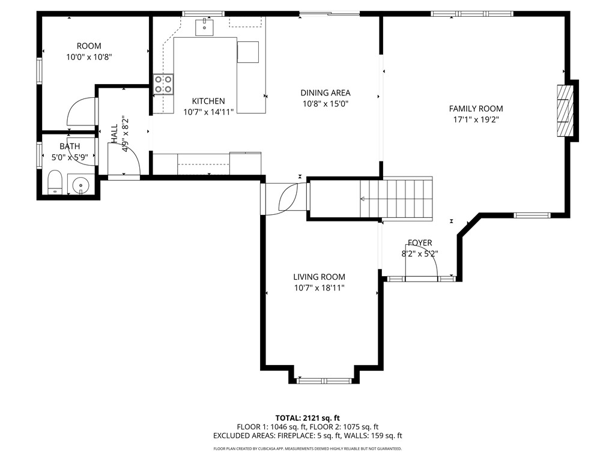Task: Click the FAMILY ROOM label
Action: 476,109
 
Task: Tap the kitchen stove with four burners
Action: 163,84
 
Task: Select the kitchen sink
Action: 204,26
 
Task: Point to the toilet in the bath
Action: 55,182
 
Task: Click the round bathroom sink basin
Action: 81,184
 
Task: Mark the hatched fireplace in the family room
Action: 565,110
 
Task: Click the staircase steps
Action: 396,197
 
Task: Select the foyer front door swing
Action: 422,261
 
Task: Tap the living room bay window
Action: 324,381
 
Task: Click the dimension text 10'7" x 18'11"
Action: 320,288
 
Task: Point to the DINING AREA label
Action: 326,93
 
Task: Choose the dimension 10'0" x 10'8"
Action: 89,57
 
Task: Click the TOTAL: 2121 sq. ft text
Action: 307,418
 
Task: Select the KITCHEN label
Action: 208,101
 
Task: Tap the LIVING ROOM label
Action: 320,277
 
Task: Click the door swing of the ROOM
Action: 82,111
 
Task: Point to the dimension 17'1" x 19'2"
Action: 476,119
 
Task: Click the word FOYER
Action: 420,243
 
